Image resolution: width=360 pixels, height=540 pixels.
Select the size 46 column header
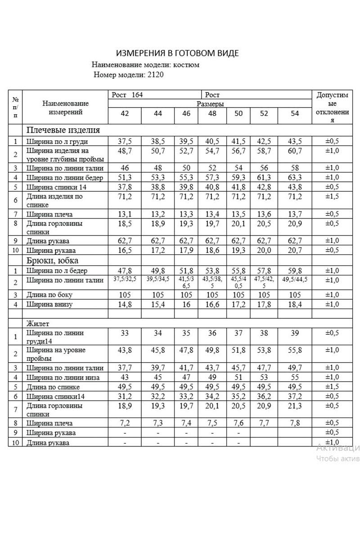(x=186, y=113)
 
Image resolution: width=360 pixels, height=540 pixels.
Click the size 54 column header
(x=295, y=113)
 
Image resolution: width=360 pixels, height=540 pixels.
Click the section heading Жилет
(x=38, y=323)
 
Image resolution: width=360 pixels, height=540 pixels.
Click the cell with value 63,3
(x=295, y=177)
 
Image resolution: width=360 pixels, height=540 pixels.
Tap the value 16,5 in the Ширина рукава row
(x=125, y=250)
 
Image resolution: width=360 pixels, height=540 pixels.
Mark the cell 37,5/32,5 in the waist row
(x=125, y=280)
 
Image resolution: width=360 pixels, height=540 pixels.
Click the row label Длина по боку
(x=49, y=295)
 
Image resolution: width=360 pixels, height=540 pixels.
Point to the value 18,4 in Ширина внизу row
(x=295, y=304)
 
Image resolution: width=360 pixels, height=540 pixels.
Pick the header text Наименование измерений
(x=66, y=108)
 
